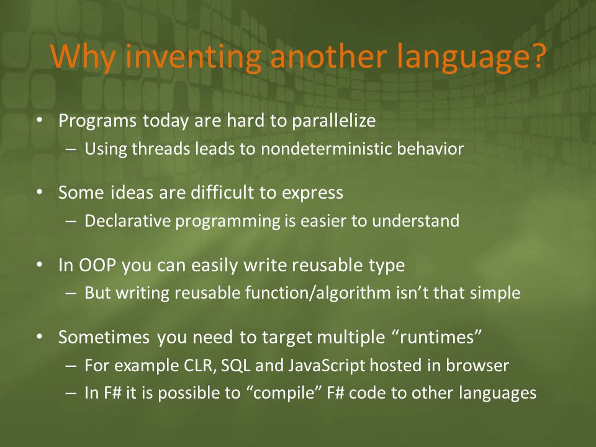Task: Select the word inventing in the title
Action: tap(192, 58)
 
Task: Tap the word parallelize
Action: tap(334, 121)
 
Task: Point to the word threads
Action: tap(161, 148)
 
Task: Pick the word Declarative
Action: tap(127, 221)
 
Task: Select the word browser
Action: tap(477, 365)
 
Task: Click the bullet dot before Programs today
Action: tap(40, 120)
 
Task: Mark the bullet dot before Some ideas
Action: tap(40, 192)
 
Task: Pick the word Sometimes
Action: tap(104, 338)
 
